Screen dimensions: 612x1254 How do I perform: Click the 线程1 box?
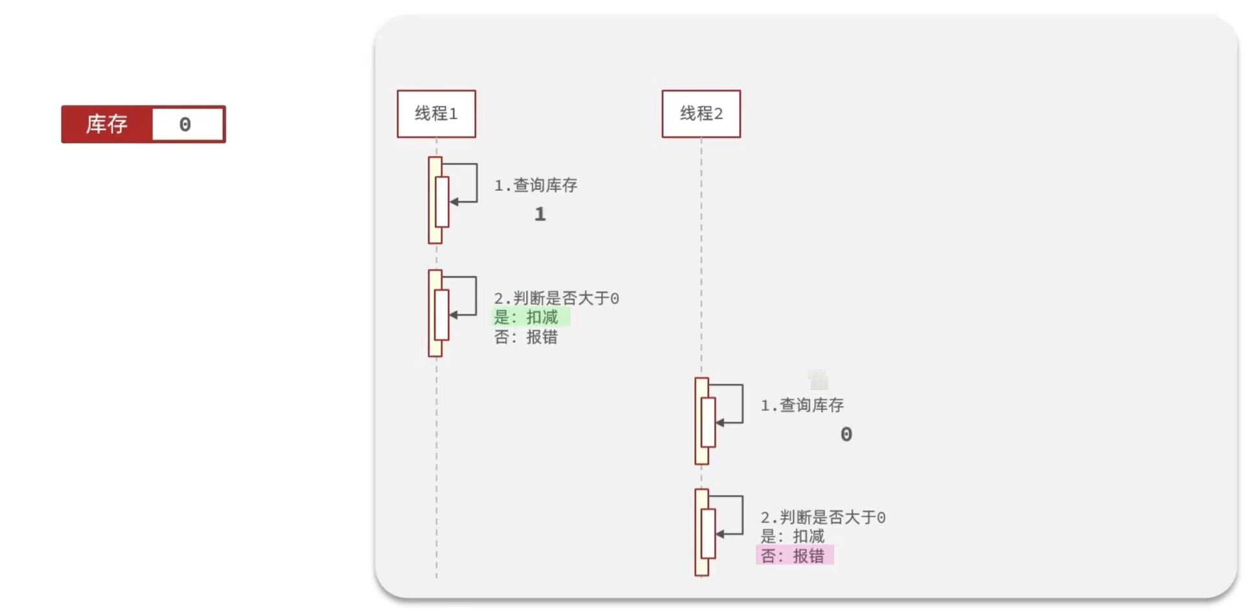436,114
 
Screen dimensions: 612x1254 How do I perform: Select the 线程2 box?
701,114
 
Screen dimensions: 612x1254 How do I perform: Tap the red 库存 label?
107,124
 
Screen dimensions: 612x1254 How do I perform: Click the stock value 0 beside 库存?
186,124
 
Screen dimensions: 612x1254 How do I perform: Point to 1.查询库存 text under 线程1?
536,186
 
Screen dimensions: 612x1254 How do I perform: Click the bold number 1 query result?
540,214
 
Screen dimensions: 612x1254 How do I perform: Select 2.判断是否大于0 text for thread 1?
556,298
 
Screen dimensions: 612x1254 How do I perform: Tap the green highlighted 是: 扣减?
527,318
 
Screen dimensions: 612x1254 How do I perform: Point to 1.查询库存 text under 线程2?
802,406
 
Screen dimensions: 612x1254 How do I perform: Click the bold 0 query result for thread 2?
846,434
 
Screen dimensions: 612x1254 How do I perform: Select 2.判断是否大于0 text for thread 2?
823,518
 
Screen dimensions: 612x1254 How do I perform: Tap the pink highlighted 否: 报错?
793,556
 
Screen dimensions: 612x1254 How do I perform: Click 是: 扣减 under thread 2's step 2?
793,536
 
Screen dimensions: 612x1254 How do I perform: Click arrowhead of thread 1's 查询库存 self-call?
454,202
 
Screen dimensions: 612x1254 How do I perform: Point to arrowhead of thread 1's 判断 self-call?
454,314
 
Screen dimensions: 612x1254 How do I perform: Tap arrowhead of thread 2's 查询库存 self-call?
720,422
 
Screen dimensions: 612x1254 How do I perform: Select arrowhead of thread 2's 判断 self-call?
720,534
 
